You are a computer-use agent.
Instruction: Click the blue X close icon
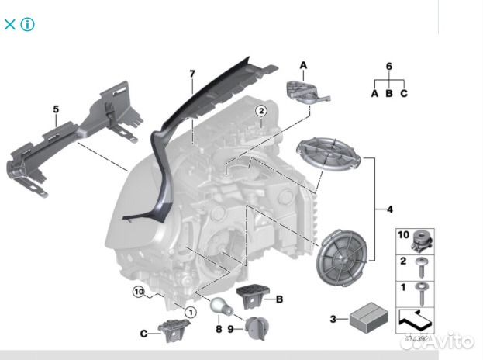[10, 24]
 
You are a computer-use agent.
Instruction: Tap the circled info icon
[28, 24]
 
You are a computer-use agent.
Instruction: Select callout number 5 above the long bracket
[55, 109]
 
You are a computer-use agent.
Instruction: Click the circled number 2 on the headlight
[262, 111]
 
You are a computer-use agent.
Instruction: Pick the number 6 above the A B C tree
[389, 67]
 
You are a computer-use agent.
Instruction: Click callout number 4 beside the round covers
[390, 209]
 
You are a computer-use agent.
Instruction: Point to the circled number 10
[138, 292]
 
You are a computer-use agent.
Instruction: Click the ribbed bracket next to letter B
[251, 295]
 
